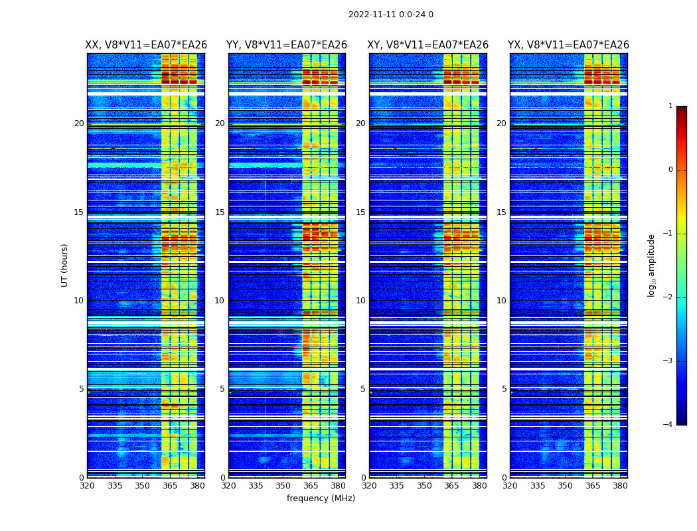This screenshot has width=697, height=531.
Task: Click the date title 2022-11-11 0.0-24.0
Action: pos(390,15)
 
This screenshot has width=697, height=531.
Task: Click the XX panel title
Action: pos(146,45)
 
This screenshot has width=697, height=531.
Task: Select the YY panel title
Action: pos(287,45)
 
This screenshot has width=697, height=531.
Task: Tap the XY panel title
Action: pos(428,45)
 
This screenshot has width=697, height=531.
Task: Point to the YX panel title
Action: pos(568,45)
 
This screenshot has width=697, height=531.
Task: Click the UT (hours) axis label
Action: pos(65,265)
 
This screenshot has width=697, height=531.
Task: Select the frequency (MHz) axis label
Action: pos(321,498)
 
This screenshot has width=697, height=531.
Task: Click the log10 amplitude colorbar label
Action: pos(652,265)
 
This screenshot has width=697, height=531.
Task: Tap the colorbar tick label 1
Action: pos(670,106)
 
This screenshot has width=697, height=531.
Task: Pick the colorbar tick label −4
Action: pos(668,425)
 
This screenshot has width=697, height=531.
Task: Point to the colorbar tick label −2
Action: pos(668,297)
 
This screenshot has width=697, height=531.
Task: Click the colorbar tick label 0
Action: pos(670,170)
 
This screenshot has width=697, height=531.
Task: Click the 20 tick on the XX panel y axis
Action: pos(79,123)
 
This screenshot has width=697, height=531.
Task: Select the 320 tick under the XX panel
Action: pos(87,486)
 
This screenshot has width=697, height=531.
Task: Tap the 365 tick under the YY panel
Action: pos(311,486)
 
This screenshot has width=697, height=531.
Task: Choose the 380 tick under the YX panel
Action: pos(620,486)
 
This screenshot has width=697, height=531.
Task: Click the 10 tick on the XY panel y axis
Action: pos(360,301)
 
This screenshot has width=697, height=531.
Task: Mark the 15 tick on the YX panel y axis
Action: pos(501,212)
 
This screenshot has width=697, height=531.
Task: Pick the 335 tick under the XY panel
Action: pos(396,486)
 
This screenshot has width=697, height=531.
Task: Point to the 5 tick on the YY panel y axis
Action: pos(222,389)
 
